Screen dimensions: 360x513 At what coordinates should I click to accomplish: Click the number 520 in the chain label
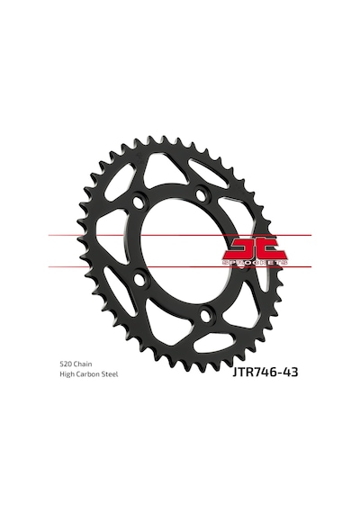66,364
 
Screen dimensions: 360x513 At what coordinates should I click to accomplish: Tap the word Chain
83,364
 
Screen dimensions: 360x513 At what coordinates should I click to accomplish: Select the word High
67,374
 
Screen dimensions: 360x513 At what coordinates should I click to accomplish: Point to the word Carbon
86,374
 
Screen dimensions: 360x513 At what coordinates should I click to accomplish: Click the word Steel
108,374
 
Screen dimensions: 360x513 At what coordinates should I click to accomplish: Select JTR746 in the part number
254,373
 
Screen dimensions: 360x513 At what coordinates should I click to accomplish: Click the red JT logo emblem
256,249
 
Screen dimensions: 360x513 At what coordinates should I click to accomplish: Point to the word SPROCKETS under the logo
256,263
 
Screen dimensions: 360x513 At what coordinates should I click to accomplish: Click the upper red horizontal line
180,235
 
